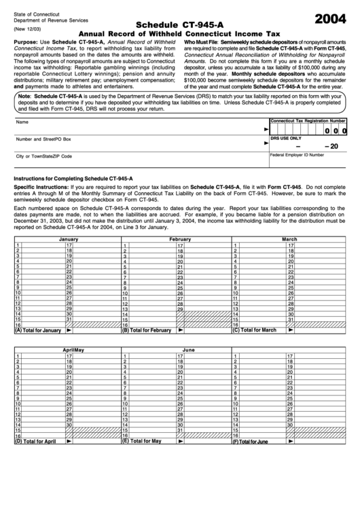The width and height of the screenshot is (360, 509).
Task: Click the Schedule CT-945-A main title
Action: coord(179,24)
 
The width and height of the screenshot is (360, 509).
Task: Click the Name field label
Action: coord(22,122)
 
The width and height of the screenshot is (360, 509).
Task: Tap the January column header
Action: coord(68,240)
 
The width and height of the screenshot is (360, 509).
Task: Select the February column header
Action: coord(179,240)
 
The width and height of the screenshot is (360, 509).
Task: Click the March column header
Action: coord(289,240)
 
